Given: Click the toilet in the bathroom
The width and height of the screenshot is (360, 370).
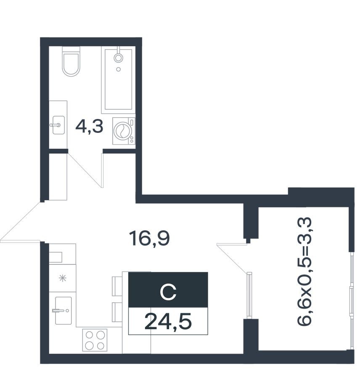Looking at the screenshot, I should pyautogui.click(x=71, y=63).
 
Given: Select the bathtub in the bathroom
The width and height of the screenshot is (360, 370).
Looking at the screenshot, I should pyautogui.click(x=119, y=80).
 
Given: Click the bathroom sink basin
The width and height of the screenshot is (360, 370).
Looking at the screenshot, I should pyautogui.click(x=58, y=125).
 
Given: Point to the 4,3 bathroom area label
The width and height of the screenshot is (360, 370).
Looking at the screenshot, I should pyautogui.click(x=89, y=126).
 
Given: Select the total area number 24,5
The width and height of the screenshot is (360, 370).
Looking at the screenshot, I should pyautogui.click(x=168, y=322).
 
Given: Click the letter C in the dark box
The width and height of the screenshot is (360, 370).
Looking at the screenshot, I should pyautogui.click(x=168, y=291).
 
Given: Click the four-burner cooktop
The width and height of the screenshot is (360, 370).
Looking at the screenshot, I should pyautogui.click(x=95, y=340).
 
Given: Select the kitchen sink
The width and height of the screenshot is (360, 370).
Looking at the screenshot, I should pyautogui.click(x=63, y=311).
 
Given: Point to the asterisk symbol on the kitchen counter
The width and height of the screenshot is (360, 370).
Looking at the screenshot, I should pyautogui.click(x=62, y=278).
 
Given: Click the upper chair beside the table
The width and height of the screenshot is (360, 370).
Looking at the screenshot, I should pyautogui.click(x=116, y=286).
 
